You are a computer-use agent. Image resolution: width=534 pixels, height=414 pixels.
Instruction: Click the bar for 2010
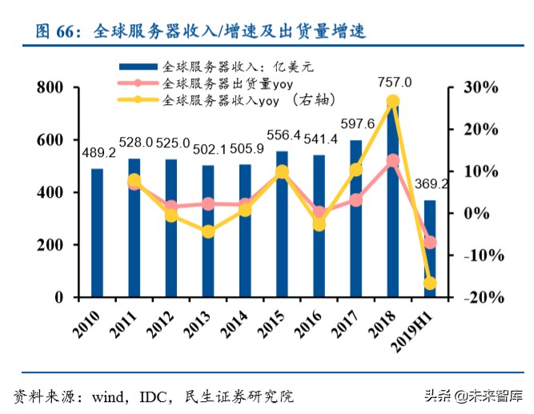(97, 232)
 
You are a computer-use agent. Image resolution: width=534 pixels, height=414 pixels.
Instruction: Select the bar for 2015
(282, 223)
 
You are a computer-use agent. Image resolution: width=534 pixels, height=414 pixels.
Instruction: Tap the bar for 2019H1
(430, 248)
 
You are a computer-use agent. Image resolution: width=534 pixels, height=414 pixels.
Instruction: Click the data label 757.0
(394, 82)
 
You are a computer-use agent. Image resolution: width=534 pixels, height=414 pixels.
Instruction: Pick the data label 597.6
(357, 125)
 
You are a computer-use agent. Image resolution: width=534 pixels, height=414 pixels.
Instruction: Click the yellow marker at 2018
(393, 102)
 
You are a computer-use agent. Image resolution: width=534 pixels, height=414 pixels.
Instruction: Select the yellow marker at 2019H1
(430, 283)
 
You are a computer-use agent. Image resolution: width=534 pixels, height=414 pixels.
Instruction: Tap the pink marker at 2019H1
(430, 242)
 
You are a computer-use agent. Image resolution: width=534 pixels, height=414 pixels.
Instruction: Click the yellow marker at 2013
(208, 231)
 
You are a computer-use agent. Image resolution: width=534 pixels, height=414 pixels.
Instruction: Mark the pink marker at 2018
(393, 161)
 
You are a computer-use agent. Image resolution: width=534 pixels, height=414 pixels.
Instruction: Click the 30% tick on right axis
(484, 87)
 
